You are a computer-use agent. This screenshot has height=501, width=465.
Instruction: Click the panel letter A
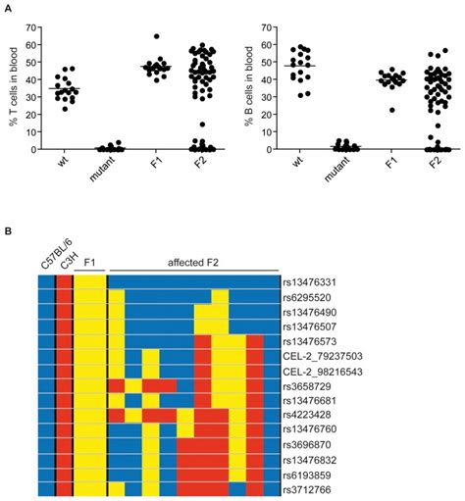tap(7, 7)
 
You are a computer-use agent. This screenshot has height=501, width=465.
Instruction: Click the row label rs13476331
tap(311, 282)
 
